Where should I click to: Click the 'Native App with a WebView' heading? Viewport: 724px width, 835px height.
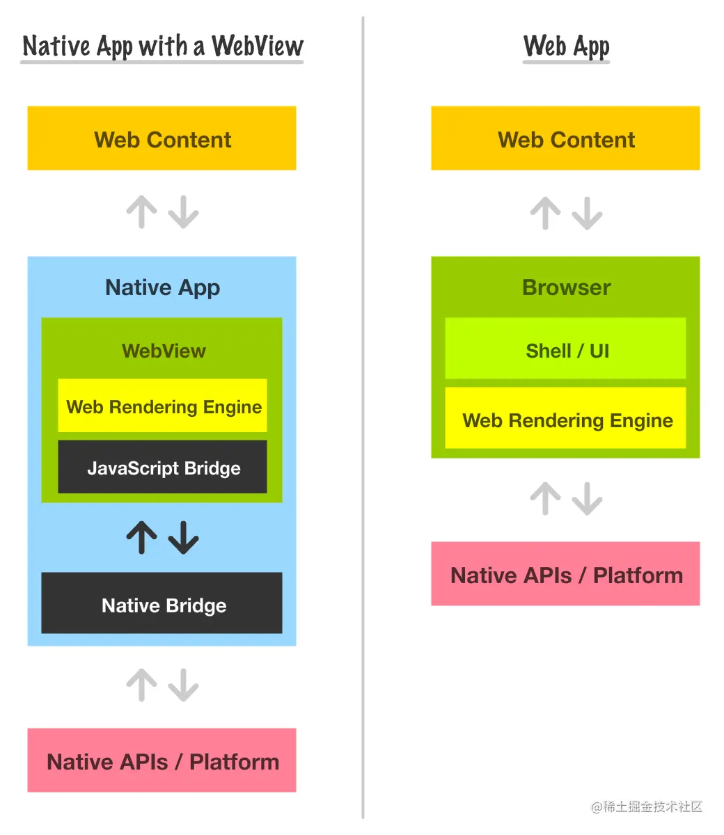tap(162, 46)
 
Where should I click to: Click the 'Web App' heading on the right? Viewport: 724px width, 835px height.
tap(566, 46)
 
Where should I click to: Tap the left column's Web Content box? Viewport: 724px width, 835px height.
tap(162, 138)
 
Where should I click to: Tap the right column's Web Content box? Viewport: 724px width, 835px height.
tap(565, 138)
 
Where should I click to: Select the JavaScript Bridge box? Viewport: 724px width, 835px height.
tap(162, 468)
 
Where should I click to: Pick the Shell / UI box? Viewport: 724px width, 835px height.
tap(565, 349)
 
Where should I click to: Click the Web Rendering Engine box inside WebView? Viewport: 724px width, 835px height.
tap(162, 406)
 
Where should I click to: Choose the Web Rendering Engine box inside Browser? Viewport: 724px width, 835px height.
tap(565, 419)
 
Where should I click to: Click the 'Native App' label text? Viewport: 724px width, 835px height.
tap(162, 287)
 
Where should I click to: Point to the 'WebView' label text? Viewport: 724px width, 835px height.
tap(164, 350)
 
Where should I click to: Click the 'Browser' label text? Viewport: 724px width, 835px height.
tap(566, 287)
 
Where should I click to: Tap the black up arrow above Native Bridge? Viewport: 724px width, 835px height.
tap(142, 537)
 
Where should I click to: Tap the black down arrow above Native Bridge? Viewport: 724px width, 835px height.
tap(184, 537)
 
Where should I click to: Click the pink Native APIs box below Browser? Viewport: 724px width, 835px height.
tap(565, 575)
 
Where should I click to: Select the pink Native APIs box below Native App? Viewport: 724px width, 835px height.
tap(162, 761)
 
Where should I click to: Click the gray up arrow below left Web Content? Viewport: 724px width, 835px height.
tap(142, 212)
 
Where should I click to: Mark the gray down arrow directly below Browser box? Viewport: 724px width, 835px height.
tap(588, 498)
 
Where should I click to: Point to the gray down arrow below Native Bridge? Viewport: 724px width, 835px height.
tap(184, 685)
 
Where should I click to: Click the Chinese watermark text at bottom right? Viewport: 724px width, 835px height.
tap(647, 807)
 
